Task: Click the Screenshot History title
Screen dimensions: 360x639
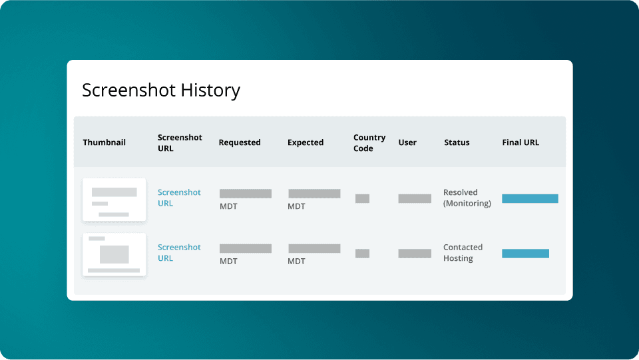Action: pos(160,90)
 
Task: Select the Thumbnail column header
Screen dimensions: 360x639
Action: pos(104,142)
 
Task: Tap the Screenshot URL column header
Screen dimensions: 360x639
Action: pos(180,143)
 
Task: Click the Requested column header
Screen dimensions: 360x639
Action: pos(240,142)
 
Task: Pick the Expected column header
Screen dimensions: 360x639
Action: pos(306,142)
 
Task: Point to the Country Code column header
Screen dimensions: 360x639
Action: pos(369,143)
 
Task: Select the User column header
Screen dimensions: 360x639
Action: pos(407,142)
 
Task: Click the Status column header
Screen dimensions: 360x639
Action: pos(457,142)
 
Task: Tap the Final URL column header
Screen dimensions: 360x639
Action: pos(521,142)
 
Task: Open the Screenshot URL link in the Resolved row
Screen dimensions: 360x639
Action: pos(179,198)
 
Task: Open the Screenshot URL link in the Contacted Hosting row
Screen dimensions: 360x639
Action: pos(179,252)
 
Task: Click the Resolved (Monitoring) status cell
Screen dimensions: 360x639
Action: pos(467,198)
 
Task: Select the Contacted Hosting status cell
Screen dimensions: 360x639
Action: pos(463,252)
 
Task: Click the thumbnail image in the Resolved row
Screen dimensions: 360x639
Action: pos(114,200)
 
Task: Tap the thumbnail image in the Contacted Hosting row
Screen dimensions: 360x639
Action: pos(114,254)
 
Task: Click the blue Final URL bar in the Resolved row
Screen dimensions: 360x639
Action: pos(530,198)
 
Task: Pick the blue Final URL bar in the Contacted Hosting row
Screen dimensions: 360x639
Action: pos(525,254)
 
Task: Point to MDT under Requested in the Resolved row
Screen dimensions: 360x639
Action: pos(228,207)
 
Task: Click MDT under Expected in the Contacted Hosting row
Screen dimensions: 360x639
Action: pos(296,262)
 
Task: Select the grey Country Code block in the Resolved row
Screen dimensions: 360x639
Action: pos(362,198)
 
